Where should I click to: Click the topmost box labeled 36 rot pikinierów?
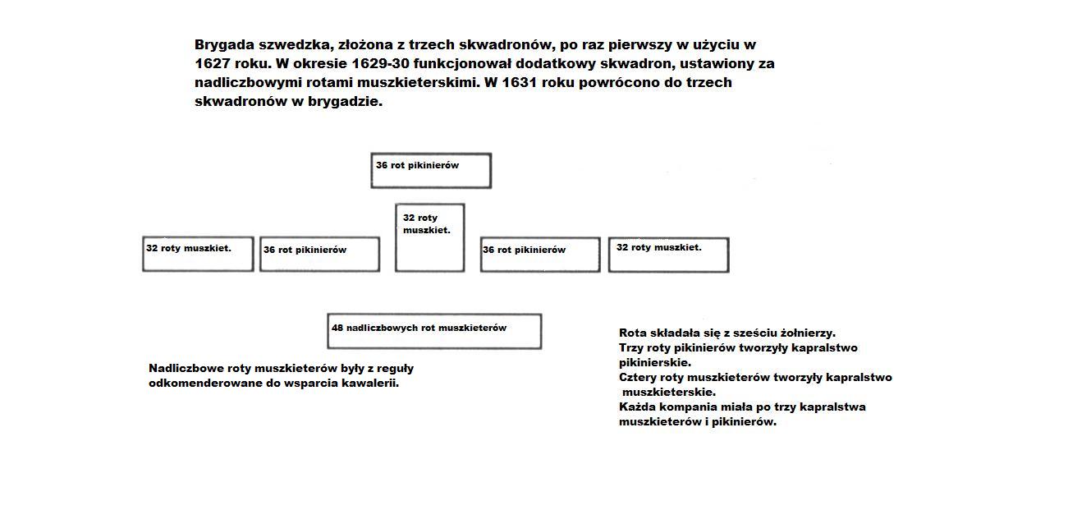click(431, 171)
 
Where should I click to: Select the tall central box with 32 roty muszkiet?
click(429, 237)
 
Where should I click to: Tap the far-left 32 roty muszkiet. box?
click(198, 254)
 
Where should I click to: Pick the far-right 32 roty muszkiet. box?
click(668, 255)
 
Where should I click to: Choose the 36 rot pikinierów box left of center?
click(319, 254)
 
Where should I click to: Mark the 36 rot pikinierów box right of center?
click(540, 255)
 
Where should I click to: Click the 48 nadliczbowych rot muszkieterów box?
click(434, 331)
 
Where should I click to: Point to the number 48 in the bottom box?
click(337, 328)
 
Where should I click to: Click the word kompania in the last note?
click(688, 407)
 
